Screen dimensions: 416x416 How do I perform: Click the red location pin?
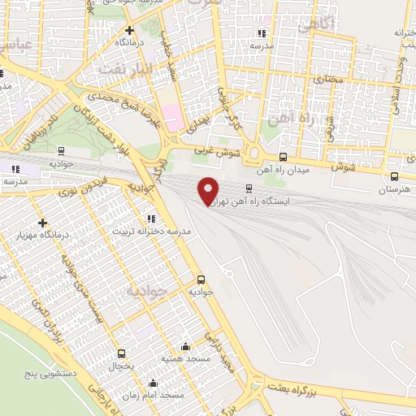209,190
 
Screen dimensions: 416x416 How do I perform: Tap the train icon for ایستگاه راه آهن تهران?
249,188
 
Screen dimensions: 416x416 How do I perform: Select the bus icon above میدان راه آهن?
283,158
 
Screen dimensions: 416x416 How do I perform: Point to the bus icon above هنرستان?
395,176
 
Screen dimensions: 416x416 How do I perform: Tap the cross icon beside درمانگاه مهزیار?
42,223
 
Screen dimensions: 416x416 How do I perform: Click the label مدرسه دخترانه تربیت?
153,232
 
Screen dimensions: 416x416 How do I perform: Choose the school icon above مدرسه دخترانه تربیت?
150,218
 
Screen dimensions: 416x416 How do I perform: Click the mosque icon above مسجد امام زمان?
152,382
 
